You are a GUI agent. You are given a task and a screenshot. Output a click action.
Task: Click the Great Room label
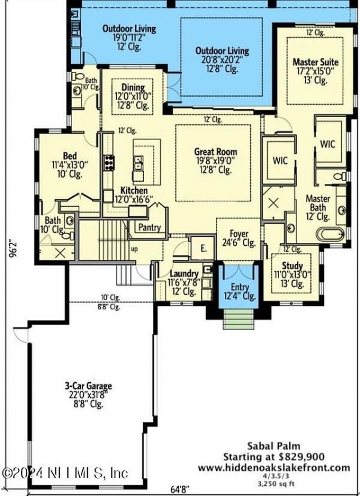tap(215, 151)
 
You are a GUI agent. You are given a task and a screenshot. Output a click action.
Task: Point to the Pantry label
tap(149, 228)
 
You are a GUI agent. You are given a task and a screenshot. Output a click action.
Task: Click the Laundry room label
tap(184, 274)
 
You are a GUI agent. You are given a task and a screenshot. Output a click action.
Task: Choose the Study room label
tap(292, 266)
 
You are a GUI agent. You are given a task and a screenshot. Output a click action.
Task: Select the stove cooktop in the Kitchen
tap(109, 161)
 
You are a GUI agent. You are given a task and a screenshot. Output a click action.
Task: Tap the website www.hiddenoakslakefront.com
tap(273, 467)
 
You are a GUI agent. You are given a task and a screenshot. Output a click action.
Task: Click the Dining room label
tap(133, 88)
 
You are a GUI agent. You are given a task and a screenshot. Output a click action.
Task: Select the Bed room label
tap(70, 156)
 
